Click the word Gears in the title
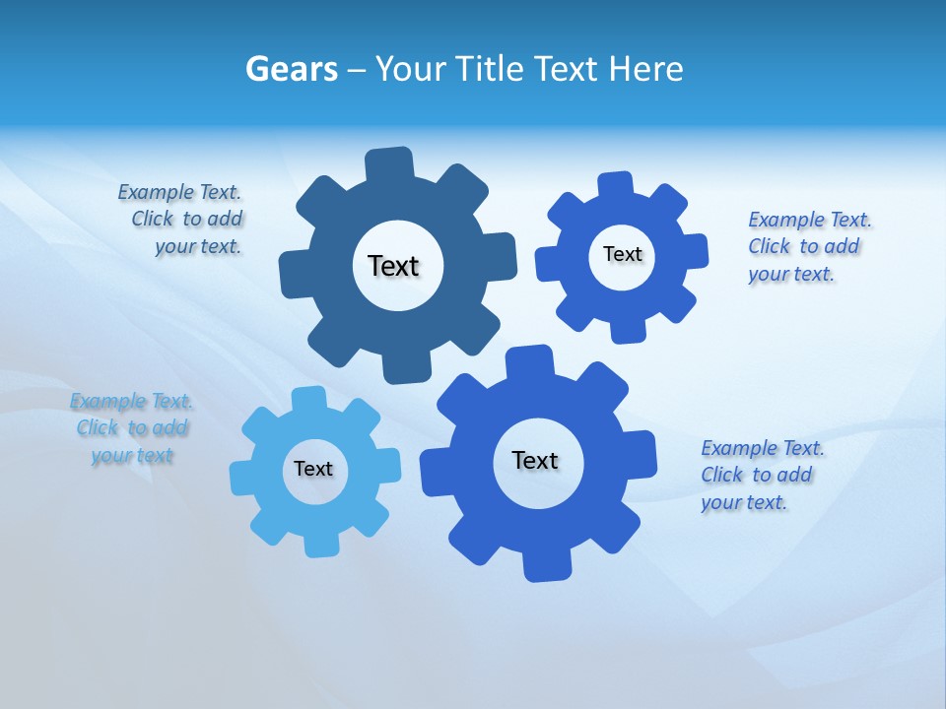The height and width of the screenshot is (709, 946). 291,69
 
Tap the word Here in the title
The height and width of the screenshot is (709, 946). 645,69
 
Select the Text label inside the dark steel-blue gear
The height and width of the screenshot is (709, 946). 393,266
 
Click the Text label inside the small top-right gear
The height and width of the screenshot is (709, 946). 622,254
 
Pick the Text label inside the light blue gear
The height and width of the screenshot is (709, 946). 313,469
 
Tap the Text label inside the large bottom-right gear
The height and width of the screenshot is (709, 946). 535,460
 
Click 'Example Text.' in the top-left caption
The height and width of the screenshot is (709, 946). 179,192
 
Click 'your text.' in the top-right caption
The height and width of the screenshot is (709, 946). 791,274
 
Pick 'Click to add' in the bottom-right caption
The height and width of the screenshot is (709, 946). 757,475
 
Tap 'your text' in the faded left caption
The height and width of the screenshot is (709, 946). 132,455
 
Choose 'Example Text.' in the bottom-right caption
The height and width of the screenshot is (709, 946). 763,448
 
